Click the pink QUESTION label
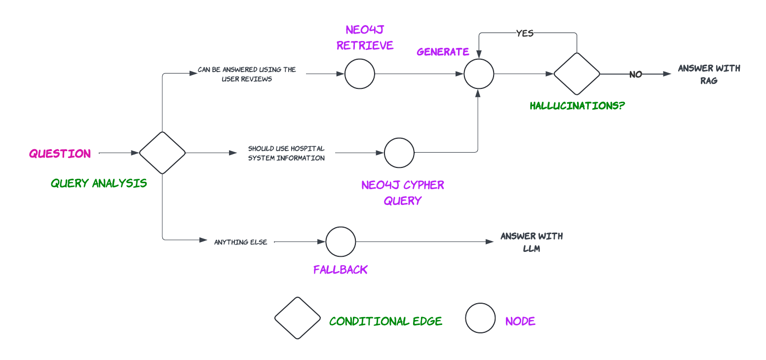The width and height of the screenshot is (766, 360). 60,154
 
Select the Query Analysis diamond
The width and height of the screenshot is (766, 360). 162,153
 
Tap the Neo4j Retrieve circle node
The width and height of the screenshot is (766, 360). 360,74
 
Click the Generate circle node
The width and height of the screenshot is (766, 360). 479,74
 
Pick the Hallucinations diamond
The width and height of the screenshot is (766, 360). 576,74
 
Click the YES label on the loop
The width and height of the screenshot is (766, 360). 525,33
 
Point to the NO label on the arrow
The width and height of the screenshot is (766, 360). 635,75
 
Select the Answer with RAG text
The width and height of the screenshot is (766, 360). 709,74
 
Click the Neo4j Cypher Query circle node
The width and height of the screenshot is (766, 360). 399,153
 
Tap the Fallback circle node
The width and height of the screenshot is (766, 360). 341,241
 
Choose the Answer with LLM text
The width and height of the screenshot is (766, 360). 532,242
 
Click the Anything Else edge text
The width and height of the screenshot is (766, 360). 240,242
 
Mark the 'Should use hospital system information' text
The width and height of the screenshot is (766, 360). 286,153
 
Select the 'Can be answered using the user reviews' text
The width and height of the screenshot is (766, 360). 247,74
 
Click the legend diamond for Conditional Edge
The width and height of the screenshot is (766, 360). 298,318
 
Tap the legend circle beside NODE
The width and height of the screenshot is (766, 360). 480,318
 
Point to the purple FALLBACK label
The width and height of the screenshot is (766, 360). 341,270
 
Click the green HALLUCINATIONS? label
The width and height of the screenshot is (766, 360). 577,106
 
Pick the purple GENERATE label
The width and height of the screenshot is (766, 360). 443,52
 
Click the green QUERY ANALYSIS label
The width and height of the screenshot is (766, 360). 99,183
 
